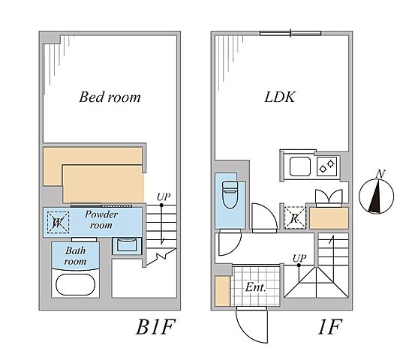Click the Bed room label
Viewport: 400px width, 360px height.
[x=110, y=97]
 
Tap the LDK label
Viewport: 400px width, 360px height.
[x=280, y=97]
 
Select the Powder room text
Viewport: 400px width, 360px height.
[x=101, y=220]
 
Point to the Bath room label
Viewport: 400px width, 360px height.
[x=75, y=256]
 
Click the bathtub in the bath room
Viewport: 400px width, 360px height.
[x=76, y=284]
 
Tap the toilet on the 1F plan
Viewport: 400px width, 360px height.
[x=230, y=194]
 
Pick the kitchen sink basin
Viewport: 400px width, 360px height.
[x=300, y=166]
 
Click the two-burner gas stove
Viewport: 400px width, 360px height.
[x=327, y=166]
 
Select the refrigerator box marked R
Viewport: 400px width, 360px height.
[x=295, y=217]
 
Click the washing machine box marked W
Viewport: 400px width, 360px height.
[x=59, y=222]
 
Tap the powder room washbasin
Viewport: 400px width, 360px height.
[x=127, y=246]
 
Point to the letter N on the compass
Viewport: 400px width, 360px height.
[x=380, y=174]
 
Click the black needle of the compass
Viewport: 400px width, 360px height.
[x=374, y=196]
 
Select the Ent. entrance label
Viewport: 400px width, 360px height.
[x=256, y=287]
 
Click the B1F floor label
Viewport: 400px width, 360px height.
[x=156, y=327]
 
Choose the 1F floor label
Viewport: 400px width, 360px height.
[x=329, y=327]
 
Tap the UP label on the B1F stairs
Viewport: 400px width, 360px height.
[x=164, y=197]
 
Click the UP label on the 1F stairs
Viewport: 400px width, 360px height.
[x=299, y=259]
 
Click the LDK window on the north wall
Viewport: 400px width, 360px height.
[x=290, y=33]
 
